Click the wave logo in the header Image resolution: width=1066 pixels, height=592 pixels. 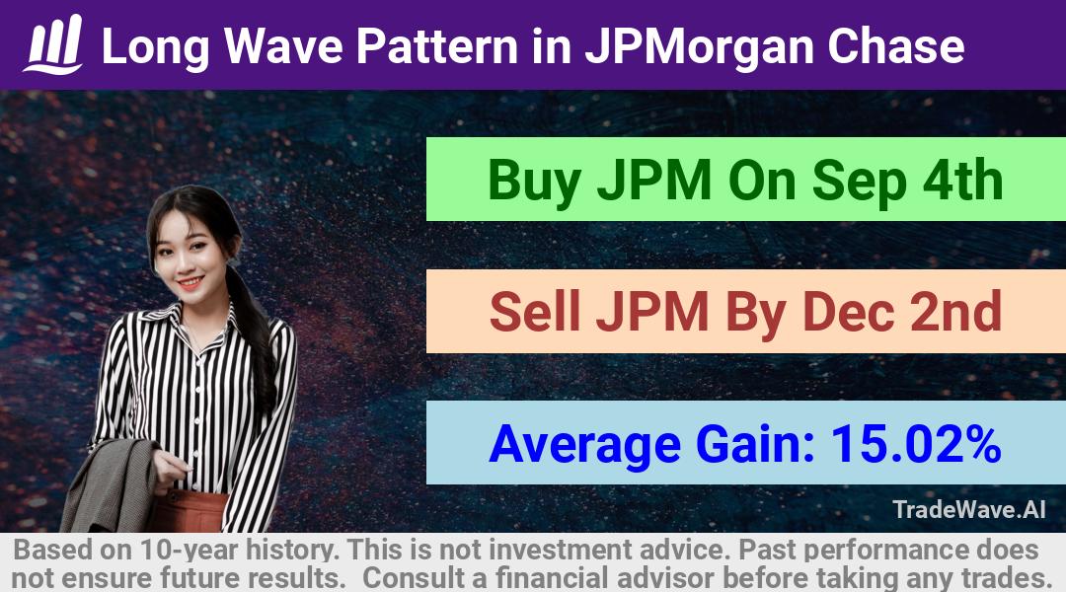[x=53, y=44]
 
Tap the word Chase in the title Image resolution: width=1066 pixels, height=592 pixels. [x=895, y=46]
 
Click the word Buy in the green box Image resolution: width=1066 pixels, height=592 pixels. [x=535, y=182]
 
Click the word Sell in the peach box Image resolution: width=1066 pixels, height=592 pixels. [x=534, y=311]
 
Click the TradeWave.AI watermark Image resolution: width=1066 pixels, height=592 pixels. [x=969, y=509]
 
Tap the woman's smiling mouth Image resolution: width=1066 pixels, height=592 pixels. [x=190, y=281]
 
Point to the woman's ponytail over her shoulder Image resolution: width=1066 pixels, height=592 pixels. [x=255, y=333]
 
